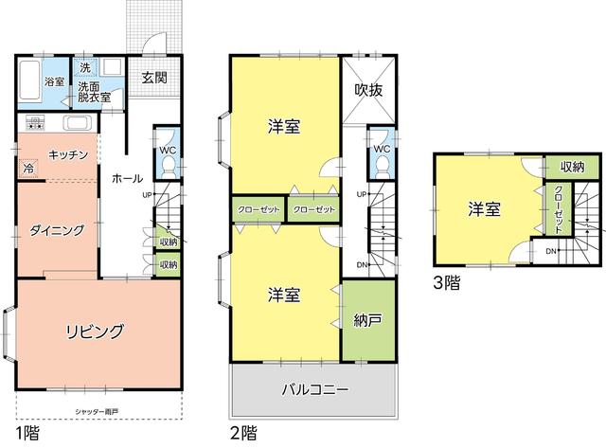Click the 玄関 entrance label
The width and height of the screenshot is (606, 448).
click(x=154, y=78)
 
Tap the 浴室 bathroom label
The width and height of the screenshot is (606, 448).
click(x=55, y=81)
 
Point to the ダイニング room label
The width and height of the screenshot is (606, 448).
click(x=57, y=229)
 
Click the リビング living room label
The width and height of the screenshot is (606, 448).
click(x=95, y=331)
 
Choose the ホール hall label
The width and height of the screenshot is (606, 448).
click(x=128, y=178)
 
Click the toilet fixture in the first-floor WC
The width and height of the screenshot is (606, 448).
click(x=167, y=165)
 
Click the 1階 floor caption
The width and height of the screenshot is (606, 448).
click(x=28, y=434)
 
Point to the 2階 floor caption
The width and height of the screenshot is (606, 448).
click(x=244, y=434)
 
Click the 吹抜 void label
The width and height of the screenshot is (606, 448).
click(x=368, y=90)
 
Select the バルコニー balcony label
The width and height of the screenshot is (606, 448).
click(x=315, y=388)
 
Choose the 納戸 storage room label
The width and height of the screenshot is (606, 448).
click(x=367, y=321)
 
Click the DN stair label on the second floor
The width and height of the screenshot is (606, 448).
click(x=361, y=264)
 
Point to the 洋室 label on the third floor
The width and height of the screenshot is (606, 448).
click(x=485, y=209)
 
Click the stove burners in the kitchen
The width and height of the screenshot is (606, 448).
click(x=35, y=122)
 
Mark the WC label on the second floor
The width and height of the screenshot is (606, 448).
click(x=382, y=149)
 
